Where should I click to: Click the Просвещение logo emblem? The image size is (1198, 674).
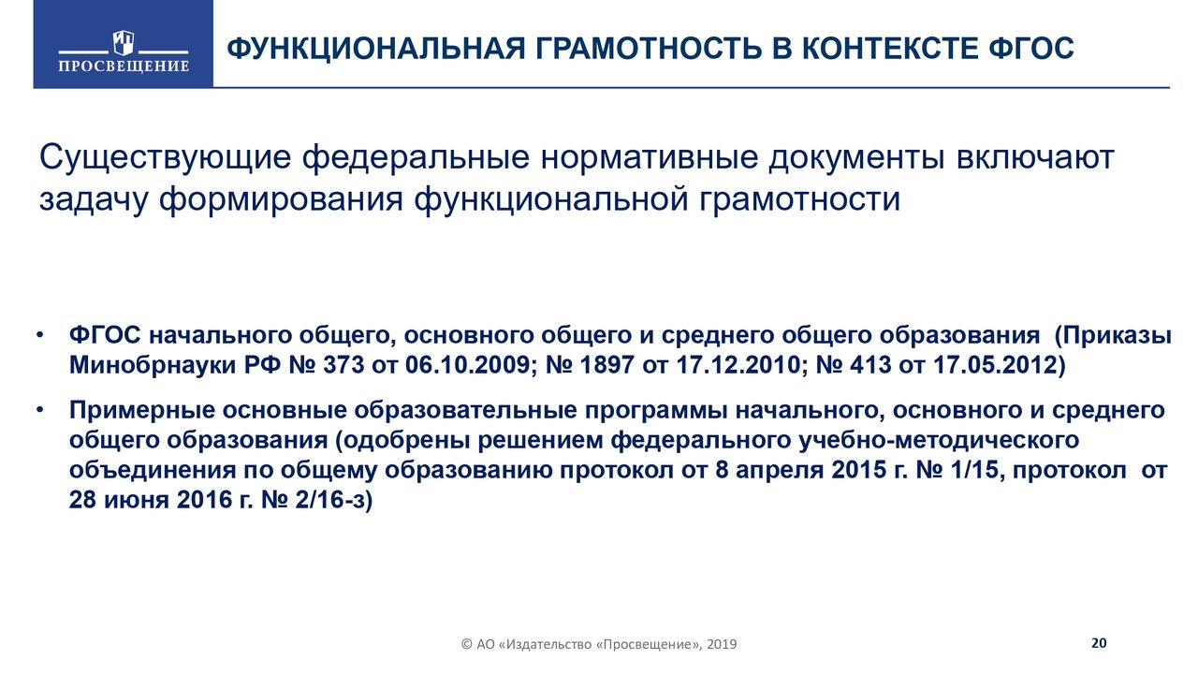point(123,43)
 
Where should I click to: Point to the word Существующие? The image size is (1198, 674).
point(166,158)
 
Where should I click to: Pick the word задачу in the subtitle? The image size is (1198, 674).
point(93,199)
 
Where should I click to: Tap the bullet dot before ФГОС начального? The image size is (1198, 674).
point(39,336)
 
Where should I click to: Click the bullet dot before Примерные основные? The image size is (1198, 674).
point(39,411)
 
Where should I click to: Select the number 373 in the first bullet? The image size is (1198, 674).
point(343,365)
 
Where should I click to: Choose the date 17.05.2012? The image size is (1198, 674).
point(995,365)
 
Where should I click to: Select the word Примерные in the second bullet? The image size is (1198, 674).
point(142,411)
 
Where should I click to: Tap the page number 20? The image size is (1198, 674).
point(1099,642)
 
